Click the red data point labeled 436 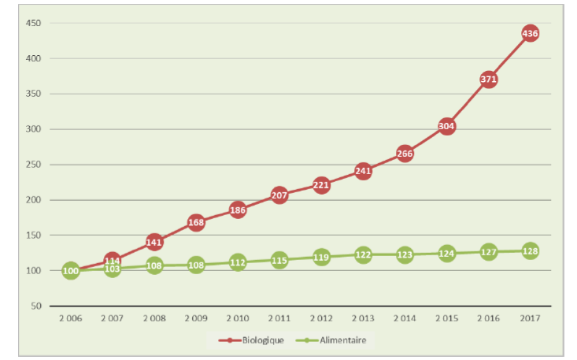point(531,33)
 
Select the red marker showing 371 point(489,80)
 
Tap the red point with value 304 point(447,126)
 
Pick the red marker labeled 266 point(405,154)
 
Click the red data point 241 point(364,171)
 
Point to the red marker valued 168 point(196,223)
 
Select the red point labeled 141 point(154,242)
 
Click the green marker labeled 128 point(531,251)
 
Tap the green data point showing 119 point(321,257)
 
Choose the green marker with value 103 point(113,269)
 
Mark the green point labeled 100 point(71,271)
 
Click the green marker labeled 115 point(279,260)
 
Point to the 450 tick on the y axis point(33,22)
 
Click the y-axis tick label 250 point(33,165)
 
